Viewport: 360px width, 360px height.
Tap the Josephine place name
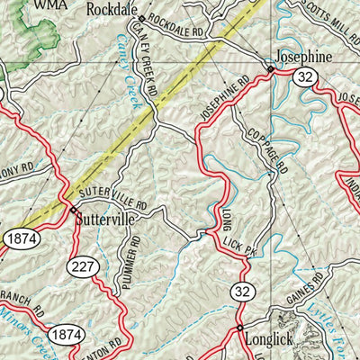click(x=304, y=55)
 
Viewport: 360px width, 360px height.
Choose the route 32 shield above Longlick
click(x=242, y=290)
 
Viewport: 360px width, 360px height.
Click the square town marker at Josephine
click(x=270, y=69)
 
